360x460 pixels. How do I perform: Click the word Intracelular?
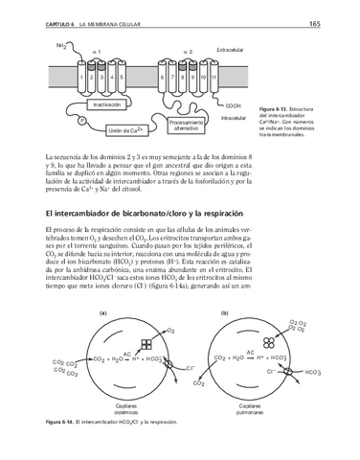(x=233, y=118)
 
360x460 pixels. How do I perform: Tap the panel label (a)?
(x=103, y=313)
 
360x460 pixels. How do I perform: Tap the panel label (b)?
(x=224, y=313)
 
